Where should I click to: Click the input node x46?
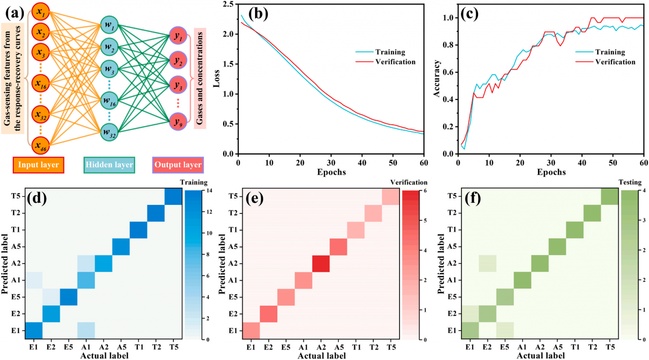tap(42, 146)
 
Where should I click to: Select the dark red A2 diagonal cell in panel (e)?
tap(321, 264)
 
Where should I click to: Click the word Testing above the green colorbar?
tap(630, 182)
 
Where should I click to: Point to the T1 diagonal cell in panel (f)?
tap(574, 230)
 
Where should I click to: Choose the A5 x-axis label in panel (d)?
tap(120, 348)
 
